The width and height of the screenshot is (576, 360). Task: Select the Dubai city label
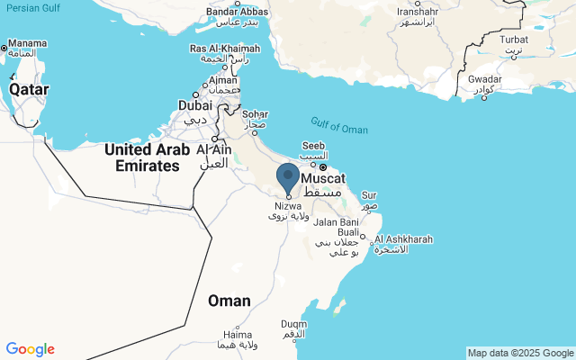click(x=195, y=105)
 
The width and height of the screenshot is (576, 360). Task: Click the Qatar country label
click(x=29, y=90)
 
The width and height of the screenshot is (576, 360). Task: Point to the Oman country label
click(x=229, y=301)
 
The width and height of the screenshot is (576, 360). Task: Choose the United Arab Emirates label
click(x=147, y=157)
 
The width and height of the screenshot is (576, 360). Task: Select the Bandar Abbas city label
click(x=234, y=12)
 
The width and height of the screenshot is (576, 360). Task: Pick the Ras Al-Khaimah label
click(x=224, y=48)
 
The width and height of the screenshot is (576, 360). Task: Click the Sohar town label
click(x=255, y=114)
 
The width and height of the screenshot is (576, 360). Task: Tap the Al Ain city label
click(x=214, y=149)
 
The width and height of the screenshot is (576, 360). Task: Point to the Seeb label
click(x=313, y=147)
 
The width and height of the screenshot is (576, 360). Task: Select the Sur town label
click(x=369, y=194)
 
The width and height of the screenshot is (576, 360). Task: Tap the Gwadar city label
click(x=484, y=78)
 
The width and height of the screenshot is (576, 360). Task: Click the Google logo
click(x=30, y=349)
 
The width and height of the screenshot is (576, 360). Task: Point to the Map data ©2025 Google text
click(x=520, y=353)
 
